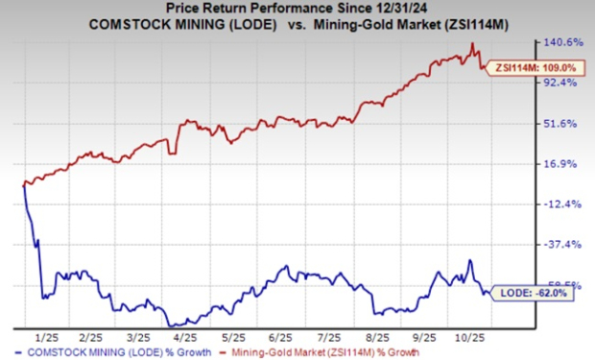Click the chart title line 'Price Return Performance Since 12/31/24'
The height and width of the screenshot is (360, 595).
pos(297,8)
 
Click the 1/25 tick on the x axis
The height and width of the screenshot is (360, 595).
pos(42,339)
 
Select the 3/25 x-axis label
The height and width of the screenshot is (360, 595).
pos(138,339)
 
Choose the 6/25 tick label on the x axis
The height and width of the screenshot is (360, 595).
pos(282,339)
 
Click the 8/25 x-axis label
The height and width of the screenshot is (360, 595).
pos(378,339)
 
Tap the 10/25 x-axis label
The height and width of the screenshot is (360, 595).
pos(471,339)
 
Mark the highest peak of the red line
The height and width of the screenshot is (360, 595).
pos(471,43)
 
